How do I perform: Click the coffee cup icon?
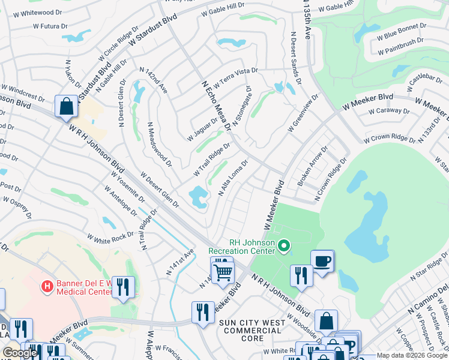click(322, 261)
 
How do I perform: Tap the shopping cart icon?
click(223, 272)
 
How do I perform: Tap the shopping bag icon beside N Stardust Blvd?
click(66, 107)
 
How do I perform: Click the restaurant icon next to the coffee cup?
click(301, 275)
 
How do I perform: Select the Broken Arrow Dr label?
click(312, 166)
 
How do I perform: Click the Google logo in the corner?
click(20, 353)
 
